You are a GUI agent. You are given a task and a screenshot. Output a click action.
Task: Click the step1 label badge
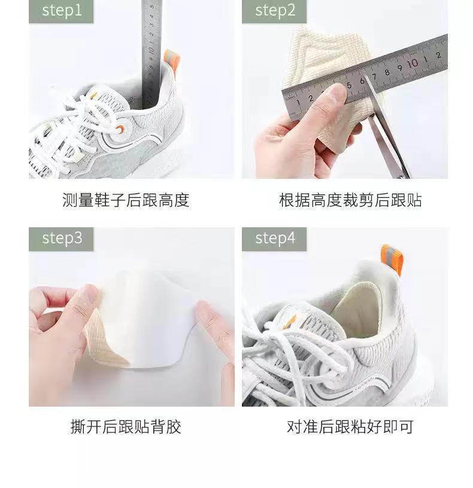coord(61,11)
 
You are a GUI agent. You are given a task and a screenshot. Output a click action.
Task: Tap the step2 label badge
coord(274,11)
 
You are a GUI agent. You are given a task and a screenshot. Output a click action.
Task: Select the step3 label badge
coord(61,239)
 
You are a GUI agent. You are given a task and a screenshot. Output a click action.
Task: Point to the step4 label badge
coord(274,239)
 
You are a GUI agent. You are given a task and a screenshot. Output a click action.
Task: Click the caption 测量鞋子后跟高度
coord(126,200)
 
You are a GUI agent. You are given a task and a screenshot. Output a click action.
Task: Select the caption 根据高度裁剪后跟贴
coord(350,200)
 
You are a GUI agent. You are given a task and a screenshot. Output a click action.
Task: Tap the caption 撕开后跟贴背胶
coord(126,426)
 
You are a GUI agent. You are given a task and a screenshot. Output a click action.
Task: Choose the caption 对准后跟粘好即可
coord(350,426)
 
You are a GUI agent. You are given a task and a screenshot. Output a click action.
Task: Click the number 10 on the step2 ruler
coord(413,63)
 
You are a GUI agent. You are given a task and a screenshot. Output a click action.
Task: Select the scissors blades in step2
coord(386,127)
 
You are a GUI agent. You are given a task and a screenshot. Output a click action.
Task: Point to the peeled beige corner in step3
coord(103,339)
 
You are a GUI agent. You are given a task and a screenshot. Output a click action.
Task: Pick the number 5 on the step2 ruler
coord(349,85)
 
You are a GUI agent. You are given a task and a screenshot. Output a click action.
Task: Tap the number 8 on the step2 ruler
coord(387,72)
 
